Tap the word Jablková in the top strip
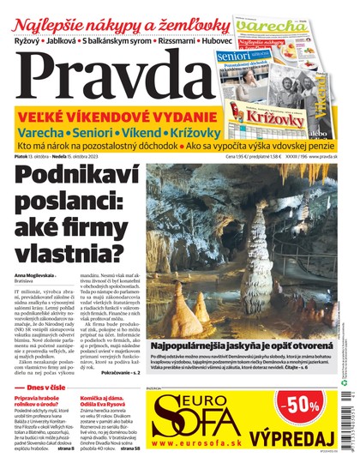click(75, 40)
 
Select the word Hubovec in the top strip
click(206, 40)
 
